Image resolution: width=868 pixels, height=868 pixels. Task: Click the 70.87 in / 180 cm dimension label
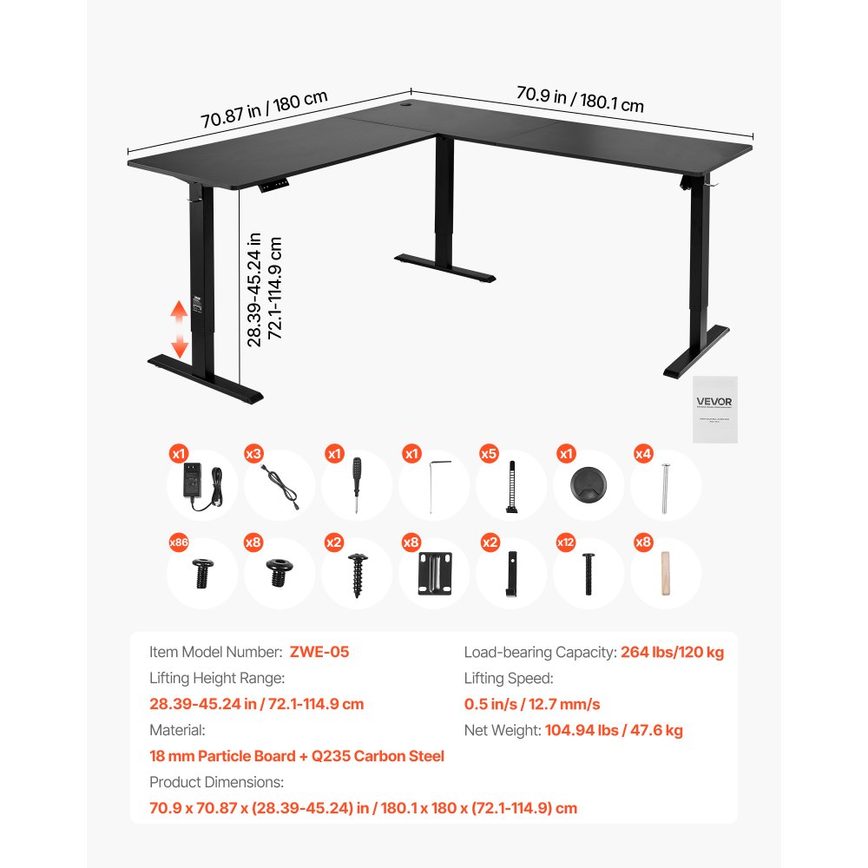264,108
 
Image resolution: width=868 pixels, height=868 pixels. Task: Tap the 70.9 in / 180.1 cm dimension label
580,98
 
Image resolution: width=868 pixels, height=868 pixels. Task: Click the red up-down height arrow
178,330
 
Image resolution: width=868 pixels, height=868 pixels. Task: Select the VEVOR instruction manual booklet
714,409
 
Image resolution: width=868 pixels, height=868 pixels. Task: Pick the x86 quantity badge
179,542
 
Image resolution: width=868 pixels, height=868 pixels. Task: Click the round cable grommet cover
589,486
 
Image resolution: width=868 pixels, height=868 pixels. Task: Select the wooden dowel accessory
666,573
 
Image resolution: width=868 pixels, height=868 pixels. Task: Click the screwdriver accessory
356,486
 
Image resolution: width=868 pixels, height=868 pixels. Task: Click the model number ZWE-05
320,652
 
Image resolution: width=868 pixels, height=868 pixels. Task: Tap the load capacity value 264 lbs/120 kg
672,652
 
